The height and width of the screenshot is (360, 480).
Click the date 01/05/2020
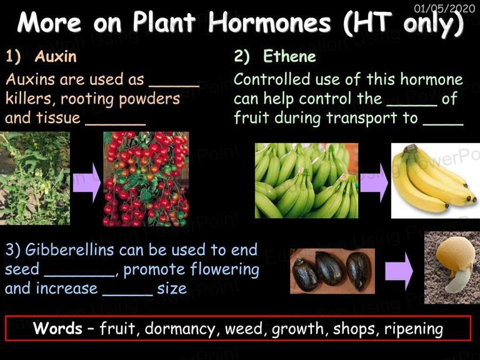(444, 8)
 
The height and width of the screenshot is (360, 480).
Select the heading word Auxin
(56, 56)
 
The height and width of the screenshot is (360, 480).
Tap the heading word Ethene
(289, 56)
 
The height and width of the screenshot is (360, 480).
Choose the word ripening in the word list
(414, 329)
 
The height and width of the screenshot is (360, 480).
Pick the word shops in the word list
(356, 329)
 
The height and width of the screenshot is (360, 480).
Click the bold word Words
(57, 328)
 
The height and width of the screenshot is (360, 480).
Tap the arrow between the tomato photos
(87, 182)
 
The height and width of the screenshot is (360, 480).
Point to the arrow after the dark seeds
(399, 271)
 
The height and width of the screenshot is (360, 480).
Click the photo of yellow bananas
(436, 181)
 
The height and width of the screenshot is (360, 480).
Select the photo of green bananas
(306, 181)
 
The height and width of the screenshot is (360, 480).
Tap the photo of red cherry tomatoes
(146, 179)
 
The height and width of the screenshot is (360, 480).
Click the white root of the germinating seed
(456, 281)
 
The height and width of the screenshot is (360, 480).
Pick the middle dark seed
(331, 269)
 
